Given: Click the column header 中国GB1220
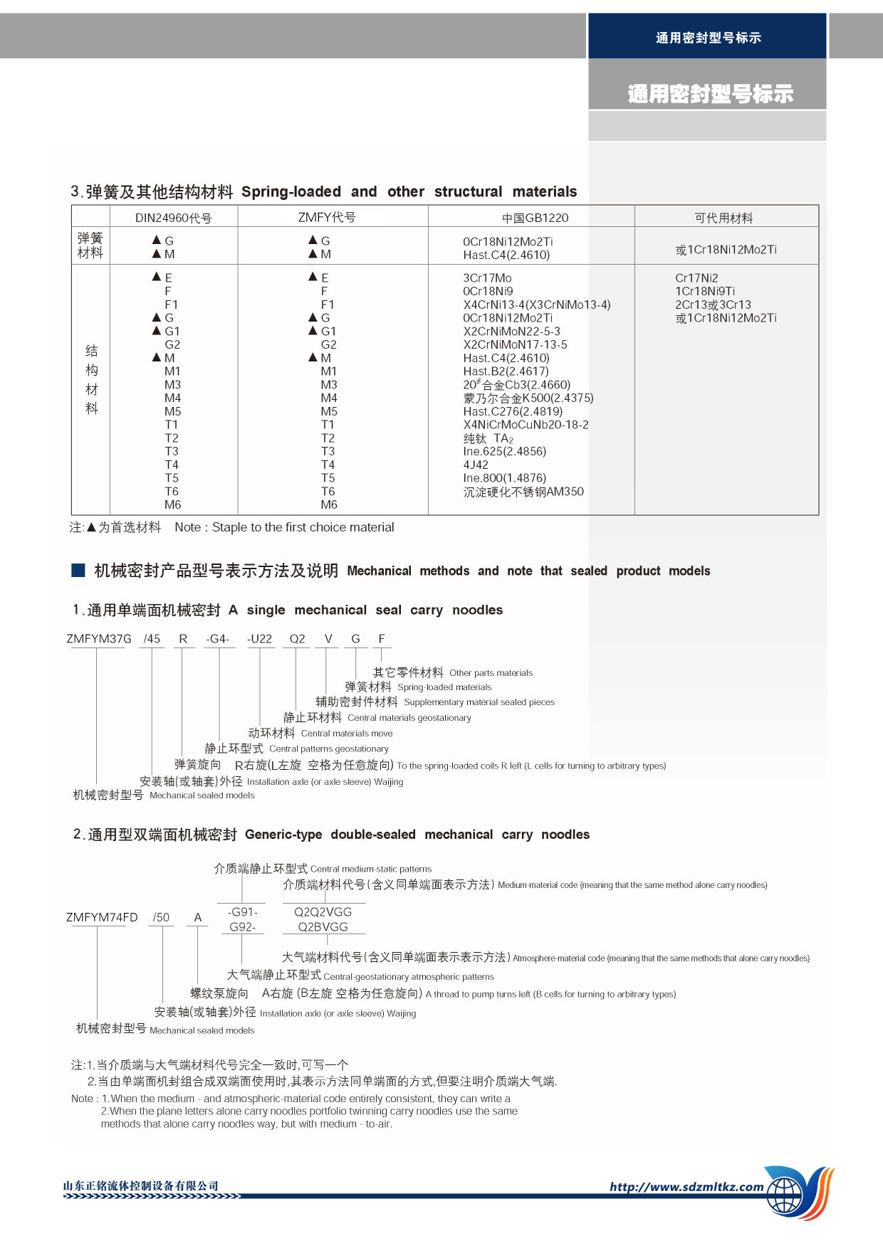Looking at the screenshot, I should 535,218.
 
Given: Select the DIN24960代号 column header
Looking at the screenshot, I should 173,218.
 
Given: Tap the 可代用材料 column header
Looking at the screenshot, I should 723,218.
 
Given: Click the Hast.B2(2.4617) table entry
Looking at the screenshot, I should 506,371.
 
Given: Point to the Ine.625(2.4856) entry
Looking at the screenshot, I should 504,451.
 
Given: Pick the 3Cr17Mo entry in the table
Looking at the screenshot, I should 487,278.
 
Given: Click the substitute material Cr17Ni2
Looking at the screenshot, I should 696,278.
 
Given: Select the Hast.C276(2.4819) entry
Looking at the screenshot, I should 513,411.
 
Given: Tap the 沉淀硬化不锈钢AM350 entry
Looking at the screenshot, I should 523,492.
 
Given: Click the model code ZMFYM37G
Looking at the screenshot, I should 99,639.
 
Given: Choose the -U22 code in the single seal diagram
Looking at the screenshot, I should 259,639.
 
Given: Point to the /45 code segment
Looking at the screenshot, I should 152,639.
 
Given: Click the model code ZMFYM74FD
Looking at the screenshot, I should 102,917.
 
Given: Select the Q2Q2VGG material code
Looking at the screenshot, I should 323,911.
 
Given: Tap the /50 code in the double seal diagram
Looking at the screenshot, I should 161,917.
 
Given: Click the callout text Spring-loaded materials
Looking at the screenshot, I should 444,687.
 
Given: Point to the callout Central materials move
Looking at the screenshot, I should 347,734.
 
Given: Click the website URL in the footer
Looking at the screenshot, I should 686,1187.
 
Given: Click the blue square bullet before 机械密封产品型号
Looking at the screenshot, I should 78,570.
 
